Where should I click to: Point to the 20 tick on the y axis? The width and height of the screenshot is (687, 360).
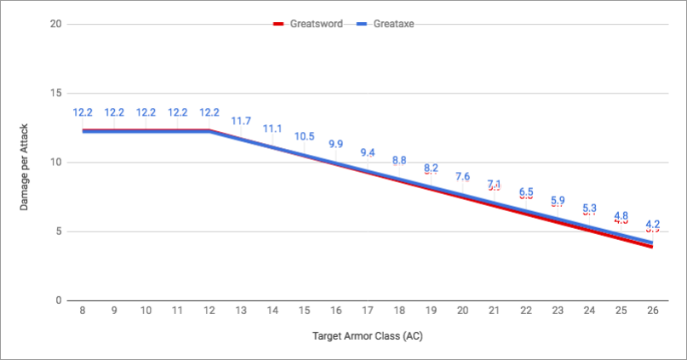tap(55, 24)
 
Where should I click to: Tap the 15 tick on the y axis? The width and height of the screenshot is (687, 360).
tap(55, 93)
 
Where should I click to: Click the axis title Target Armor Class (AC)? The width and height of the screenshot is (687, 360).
tap(367, 335)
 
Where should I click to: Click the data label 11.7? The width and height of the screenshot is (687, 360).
tap(241, 121)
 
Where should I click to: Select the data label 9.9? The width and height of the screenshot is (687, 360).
tap(336, 145)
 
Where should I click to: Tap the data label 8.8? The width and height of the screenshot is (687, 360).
tap(399, 160)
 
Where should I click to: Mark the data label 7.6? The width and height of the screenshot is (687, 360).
tap(462, 176)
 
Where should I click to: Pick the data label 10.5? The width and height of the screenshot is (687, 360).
tap(305, 136)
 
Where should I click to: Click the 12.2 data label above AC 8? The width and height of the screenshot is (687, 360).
tap(83, 112)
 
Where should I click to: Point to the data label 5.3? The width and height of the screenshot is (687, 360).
tap(589, 208)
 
